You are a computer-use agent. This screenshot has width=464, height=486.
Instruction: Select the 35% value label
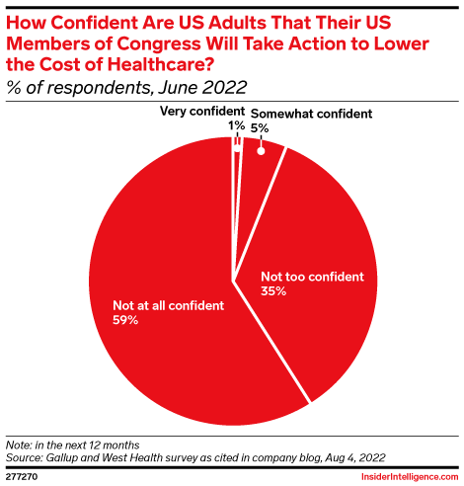coord(273,291)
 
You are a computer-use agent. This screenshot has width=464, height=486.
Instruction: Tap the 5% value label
coord(260,127)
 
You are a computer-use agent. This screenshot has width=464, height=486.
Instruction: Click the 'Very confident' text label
coord(198,112)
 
